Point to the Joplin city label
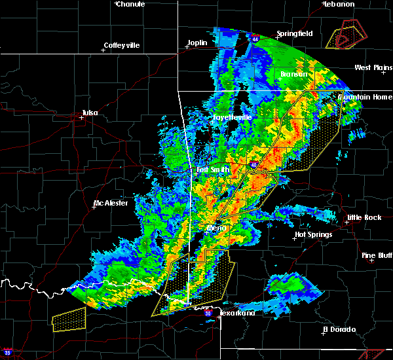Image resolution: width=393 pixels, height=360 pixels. click(196, 43)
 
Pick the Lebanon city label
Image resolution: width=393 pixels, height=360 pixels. click(339, 4)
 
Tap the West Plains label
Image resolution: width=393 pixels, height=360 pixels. click(373, 67)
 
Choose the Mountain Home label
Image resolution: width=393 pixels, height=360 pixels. click(365, 97)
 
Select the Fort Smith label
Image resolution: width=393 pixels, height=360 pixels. click(212, 170)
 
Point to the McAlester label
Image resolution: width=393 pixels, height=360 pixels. click(115, 203)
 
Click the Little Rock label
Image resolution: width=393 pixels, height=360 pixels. click(363, 217)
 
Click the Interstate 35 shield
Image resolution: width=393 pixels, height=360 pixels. click(7, 353)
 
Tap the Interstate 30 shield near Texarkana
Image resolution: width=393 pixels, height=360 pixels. click(208, 314)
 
